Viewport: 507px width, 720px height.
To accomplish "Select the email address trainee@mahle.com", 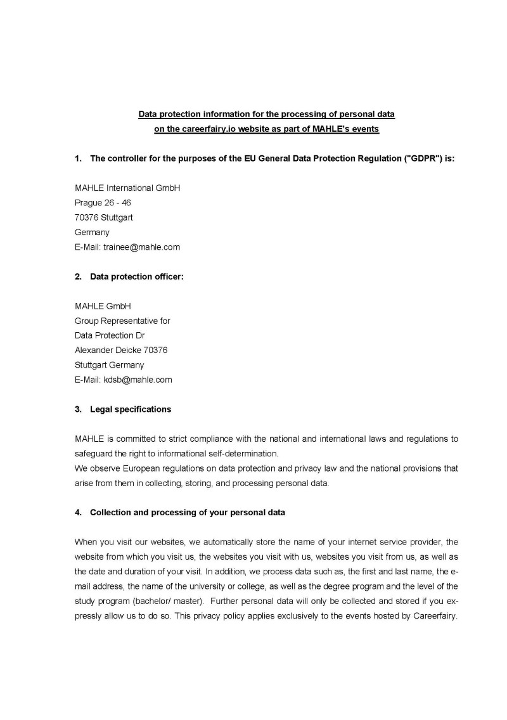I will (141, 247).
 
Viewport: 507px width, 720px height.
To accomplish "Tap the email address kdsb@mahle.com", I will (138, 380).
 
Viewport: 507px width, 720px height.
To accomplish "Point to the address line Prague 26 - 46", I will (103, 203).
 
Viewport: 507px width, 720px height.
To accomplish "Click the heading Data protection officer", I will (136, 276).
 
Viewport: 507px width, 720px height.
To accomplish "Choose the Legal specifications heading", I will (130, 409).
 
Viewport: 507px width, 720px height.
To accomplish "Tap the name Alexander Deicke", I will (108, 350).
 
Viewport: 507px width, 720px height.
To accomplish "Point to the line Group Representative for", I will (122, 321).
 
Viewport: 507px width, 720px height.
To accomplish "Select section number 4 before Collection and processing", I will (77, 512).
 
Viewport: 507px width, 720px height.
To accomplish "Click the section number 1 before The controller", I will (77, 158).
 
